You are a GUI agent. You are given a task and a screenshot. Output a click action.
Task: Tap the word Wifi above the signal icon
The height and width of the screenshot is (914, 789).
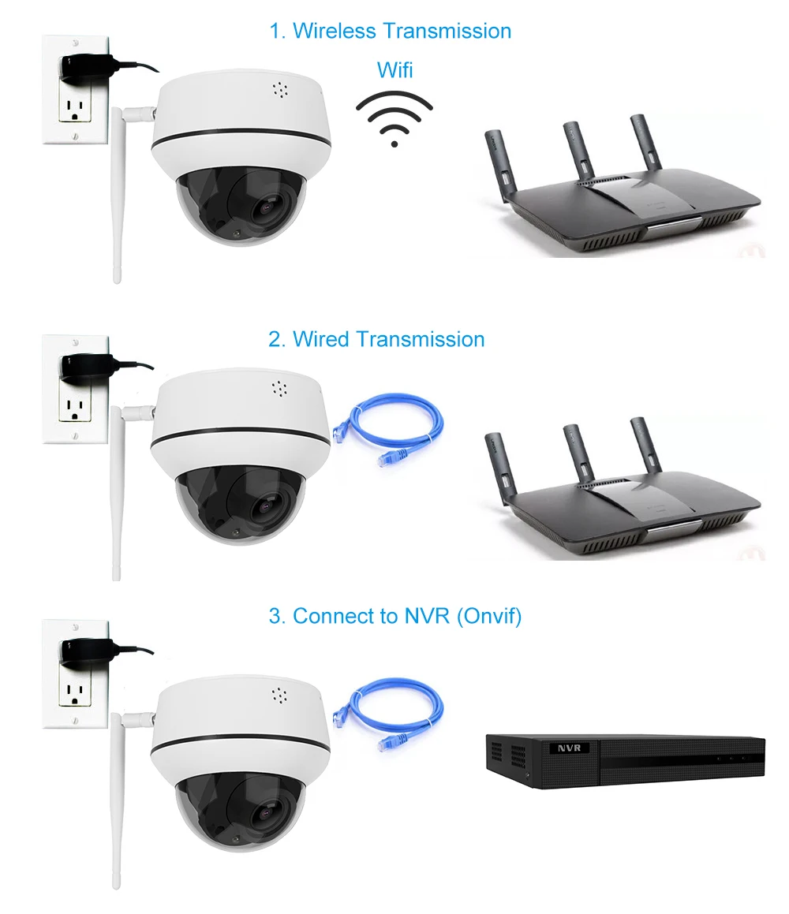394,69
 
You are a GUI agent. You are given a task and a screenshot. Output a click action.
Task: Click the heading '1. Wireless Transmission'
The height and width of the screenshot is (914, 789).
390,31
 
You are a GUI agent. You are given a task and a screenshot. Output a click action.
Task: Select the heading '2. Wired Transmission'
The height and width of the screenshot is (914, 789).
376,339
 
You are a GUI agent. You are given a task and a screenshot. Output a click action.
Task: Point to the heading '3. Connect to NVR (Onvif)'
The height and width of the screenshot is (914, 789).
395,616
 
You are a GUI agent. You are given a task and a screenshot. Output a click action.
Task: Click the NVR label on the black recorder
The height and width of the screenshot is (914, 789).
568,747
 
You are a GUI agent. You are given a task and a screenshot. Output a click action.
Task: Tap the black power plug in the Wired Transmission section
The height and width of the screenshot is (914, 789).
83,366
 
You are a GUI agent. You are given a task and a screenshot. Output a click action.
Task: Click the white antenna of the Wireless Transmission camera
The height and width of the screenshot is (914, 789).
118,197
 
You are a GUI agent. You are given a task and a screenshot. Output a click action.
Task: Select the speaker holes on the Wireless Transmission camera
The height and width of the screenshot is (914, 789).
278,89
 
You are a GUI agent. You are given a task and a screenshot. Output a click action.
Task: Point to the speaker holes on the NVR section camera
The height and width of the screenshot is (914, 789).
278,695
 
